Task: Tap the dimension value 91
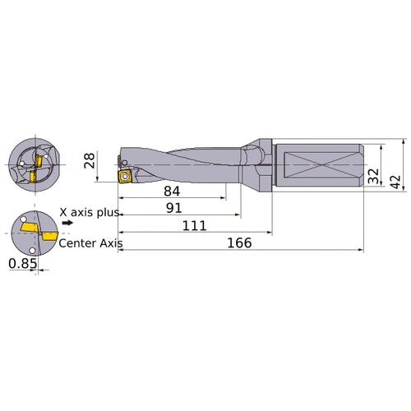[x=173, y=210]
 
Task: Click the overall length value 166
[x=238, y=243]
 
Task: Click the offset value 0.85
[x=22, y=264]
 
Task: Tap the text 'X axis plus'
[x=90, y=211]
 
